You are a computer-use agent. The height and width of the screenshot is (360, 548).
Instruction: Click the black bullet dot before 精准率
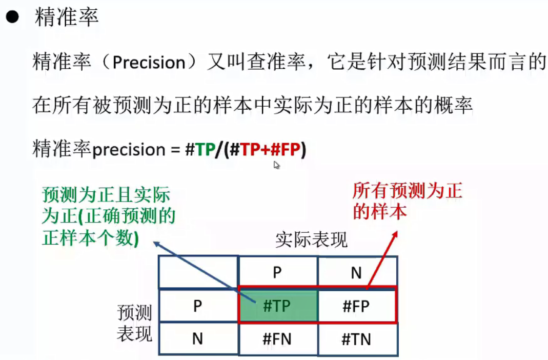pyautogui.click(x=12, y=19)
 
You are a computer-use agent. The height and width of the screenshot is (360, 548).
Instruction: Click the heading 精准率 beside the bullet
pyautogui.click(x=66, y=18)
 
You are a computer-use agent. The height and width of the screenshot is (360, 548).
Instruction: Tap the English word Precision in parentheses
pyautogui.click(x=149, y=63)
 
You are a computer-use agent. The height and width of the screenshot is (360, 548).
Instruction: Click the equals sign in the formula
pyautogui.click(x=174, y=150)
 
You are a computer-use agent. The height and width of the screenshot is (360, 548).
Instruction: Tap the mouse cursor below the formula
pyautogui.click(x=277, y=165)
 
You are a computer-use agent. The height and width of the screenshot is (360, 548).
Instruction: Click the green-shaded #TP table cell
pyautogui.click(x=277, y=306)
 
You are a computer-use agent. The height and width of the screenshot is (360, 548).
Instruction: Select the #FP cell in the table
pyautogui.click(x=356, y=306)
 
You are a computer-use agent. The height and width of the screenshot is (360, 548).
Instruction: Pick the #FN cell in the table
pyautogui.click(x=277, y=339)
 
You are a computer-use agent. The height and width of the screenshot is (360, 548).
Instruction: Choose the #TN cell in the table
pyautogui.click(x=356, y=339)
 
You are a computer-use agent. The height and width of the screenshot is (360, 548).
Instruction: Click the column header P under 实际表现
pyautogui.click(x=277, y=272)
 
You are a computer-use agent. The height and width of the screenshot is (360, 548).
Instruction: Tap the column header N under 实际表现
pyautogui.click(x=356, y=272)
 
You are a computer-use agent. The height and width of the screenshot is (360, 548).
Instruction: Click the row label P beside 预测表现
pyautogui.click(x=197, y=306)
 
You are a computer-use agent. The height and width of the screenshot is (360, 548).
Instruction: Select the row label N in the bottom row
pyautogui.click(x=197, y=339)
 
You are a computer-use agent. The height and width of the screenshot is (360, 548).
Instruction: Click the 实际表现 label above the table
pyautogui.click(x=311, y=239)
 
